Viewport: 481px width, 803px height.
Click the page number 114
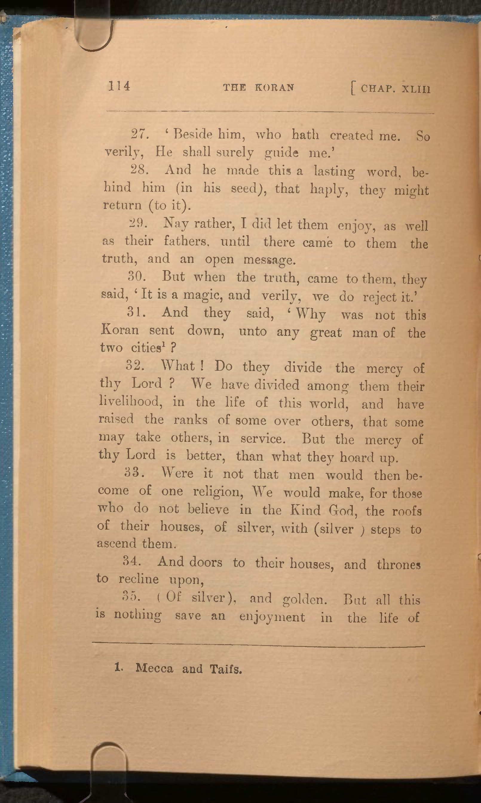pos(119,86)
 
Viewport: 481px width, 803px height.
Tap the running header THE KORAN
pos(259,87)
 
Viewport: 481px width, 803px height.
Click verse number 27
pos(140,134)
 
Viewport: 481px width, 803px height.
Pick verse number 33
pos(134,473)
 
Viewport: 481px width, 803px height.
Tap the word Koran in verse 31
pos(120,330)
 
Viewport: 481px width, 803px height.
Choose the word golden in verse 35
pos(304,600)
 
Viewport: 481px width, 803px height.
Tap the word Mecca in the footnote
pos(154,668)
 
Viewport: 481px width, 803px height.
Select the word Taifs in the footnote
pos(226,669)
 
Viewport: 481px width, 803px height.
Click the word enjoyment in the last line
pos(272,617)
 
